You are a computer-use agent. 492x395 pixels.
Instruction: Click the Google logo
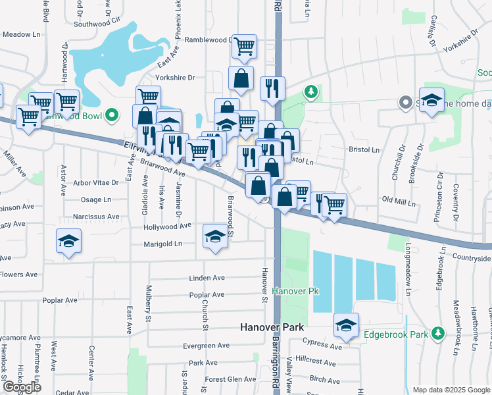(22, 387)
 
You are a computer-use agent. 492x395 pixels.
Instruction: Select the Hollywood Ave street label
(168, 226)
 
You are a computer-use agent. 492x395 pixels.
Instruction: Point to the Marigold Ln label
(163, 244)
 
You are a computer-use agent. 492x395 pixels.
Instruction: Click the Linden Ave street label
(207, 278)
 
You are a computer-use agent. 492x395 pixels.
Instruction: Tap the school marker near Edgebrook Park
(346, 324)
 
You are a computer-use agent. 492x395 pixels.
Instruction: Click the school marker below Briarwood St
(214, 235)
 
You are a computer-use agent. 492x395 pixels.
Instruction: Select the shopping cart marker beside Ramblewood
(244, 46)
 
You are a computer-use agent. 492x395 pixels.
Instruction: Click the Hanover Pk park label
(290, 290)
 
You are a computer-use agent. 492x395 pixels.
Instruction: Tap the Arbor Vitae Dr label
(96, 182)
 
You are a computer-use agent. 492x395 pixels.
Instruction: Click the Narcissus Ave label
(96, 216)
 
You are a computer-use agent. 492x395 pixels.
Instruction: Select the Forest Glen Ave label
(230, 379)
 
